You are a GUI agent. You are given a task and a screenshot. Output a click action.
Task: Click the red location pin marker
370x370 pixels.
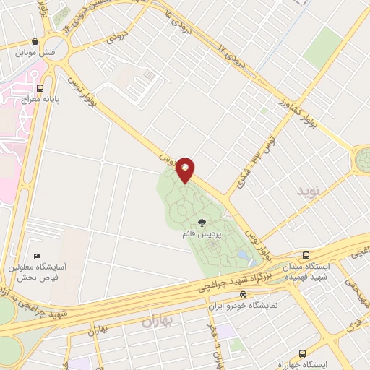[x=185, y=170]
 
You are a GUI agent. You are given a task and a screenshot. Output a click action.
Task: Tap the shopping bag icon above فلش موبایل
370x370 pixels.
[x=35, y=42]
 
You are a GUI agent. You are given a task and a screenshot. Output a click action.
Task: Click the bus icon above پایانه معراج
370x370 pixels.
[x=50, y=84]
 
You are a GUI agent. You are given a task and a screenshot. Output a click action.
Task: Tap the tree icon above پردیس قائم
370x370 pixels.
[x=202, y=223]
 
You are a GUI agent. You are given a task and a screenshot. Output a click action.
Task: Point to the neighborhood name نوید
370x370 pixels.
[x=308, y=190]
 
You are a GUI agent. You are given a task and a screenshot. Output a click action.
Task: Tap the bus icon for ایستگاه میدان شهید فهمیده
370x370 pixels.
[x=306, y=255]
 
